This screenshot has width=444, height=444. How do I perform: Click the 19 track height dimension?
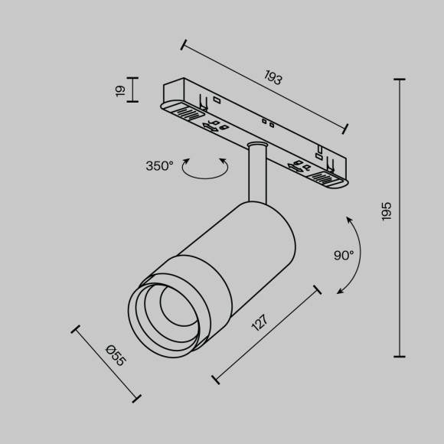(119, 90)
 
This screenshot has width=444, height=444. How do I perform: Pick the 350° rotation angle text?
(159, 165)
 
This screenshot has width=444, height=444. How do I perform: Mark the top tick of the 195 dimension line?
(399, 79)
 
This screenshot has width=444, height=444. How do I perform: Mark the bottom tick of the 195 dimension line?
(399, 356)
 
